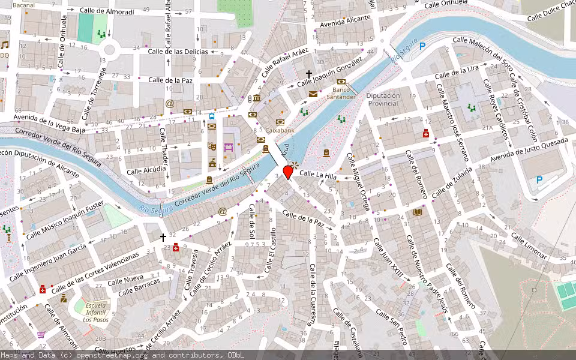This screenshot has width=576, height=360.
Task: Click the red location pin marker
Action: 288,172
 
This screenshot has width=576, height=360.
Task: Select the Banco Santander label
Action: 344,93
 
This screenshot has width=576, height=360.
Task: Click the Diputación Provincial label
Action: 382,100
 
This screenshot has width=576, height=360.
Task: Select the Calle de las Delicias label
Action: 178,52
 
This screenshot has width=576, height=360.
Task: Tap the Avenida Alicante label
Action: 345,22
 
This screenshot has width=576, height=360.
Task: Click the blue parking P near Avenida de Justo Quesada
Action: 539,179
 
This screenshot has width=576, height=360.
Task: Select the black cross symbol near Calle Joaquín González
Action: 309,75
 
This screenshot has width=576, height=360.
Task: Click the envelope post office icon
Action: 313,94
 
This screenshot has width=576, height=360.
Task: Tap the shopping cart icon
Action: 41,335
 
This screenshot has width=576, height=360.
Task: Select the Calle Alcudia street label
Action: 146,170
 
